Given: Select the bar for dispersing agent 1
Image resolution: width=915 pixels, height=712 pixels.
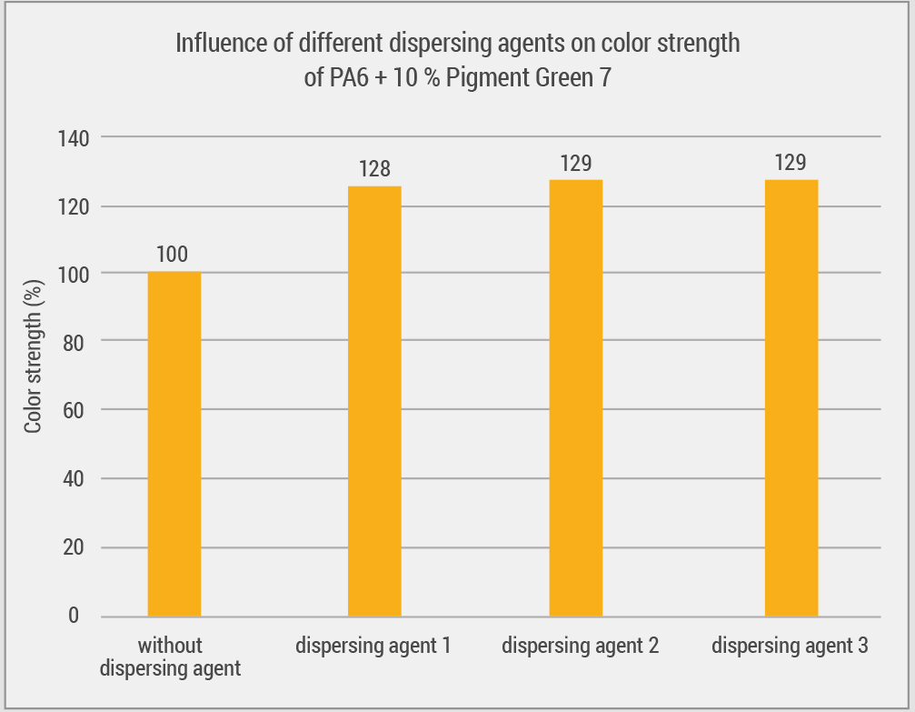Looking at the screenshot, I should tap(374, 401).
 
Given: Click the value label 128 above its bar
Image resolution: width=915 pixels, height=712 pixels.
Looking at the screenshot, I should tap(374, 169).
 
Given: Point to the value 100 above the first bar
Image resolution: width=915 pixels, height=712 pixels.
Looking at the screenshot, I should tap(173, 255).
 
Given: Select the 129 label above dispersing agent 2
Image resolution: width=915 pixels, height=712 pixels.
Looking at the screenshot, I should tap(576, 164).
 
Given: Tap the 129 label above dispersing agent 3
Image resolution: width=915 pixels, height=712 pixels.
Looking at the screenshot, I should tap(791, 164).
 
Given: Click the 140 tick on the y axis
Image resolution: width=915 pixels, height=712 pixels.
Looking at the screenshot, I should tap(70, 139).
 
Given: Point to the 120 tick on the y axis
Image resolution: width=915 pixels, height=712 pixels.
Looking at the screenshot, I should tap(70, 207).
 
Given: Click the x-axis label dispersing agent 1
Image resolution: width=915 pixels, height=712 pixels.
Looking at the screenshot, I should tap(373, 647).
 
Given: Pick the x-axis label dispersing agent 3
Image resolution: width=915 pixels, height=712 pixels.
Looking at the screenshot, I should tap(790, 647).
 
